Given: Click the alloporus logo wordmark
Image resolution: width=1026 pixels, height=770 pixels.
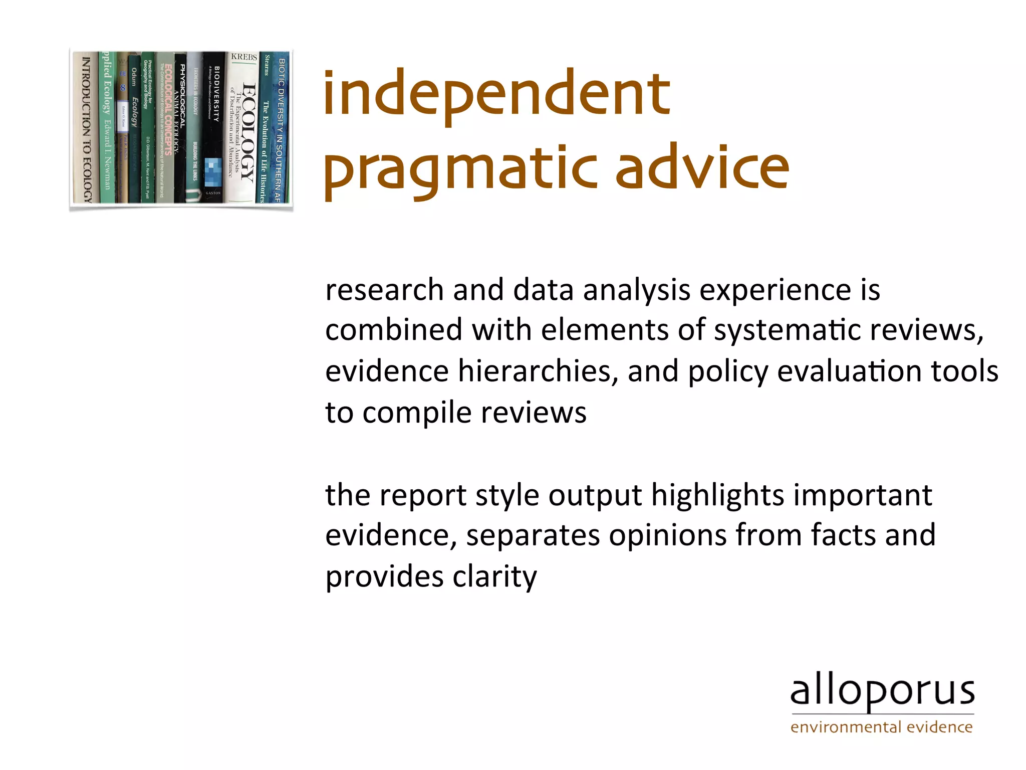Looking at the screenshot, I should pos(882,692).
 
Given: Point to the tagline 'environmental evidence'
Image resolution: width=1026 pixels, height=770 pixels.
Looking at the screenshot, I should pos(881,727).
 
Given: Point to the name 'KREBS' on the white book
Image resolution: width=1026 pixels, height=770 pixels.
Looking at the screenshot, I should pos(244,57).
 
